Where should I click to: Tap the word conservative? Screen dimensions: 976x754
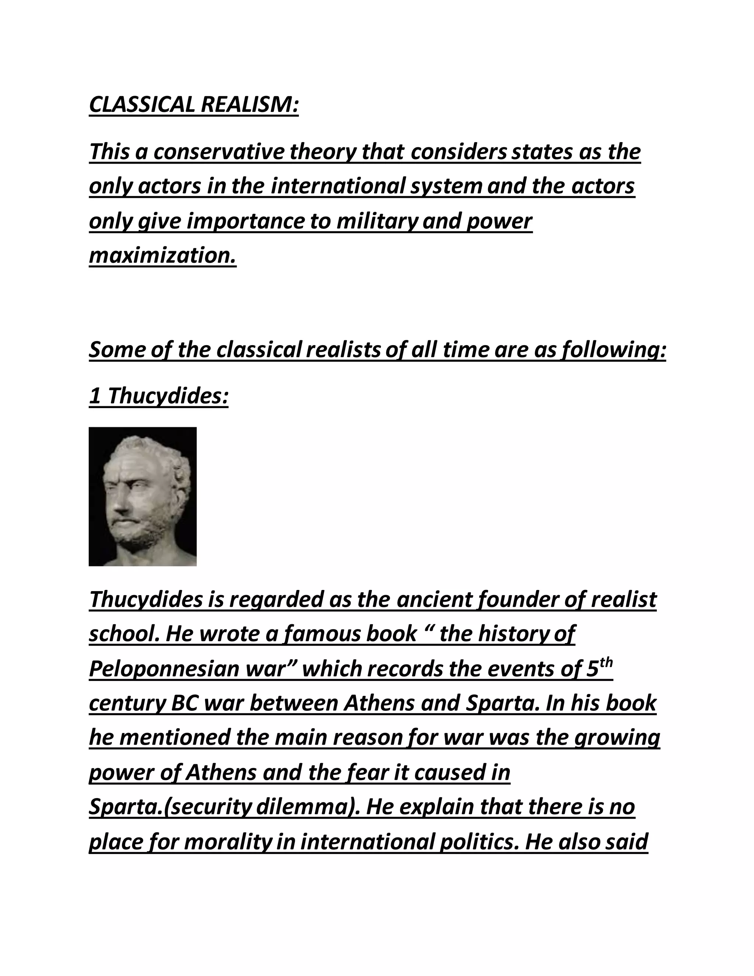(219, 152)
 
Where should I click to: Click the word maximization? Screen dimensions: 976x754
(162, 256)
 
